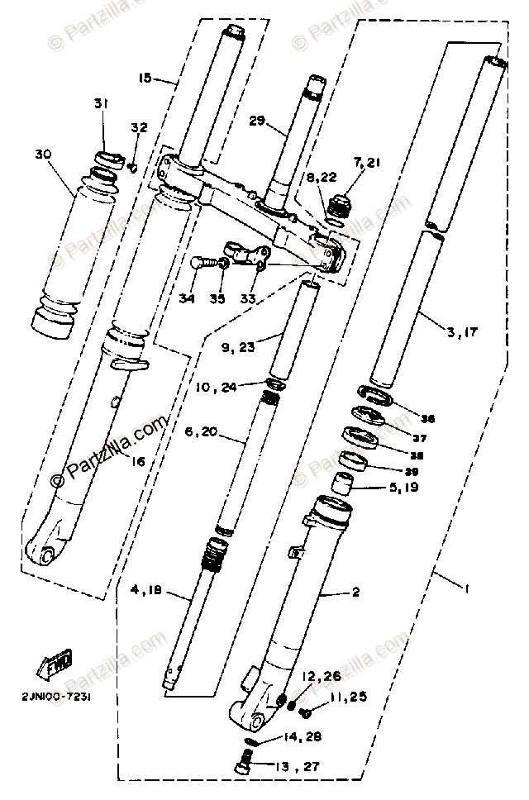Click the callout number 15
point(146,79)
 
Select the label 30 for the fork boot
point(44,154)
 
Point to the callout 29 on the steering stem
point(257,121)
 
